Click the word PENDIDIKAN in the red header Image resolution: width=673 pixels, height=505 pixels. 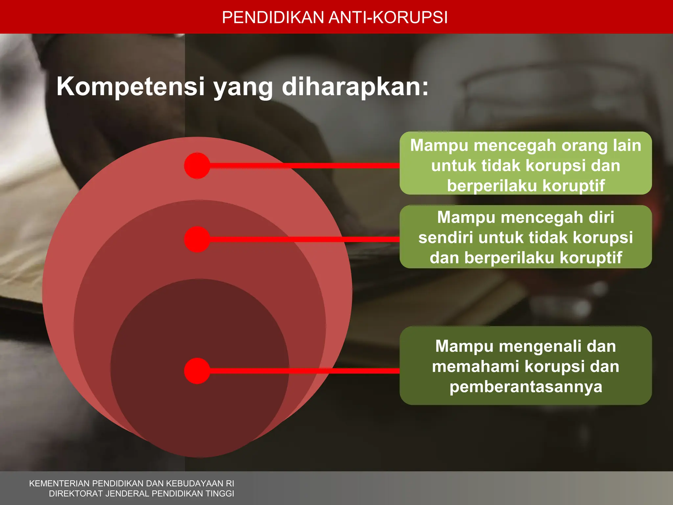tap(273, 17)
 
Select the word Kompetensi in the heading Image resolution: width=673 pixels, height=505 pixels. tap(130, 86)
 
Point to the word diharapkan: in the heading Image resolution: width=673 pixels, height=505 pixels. tap(355, 86)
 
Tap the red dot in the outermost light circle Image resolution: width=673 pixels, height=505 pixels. tap(197, 166)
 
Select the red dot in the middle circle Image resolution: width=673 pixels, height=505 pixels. tap(197, 239)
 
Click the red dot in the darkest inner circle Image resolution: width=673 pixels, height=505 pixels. tap(197, 371)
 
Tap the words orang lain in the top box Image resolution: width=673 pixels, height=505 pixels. tap(601, 146)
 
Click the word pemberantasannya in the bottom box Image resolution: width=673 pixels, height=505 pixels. tap(526, 387)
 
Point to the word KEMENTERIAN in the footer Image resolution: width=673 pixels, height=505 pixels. tap(59, 483)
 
